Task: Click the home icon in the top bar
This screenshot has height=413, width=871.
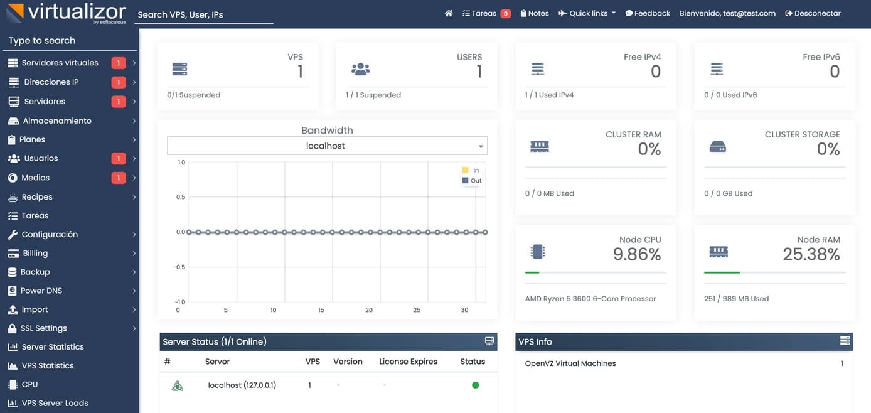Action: [449, 13]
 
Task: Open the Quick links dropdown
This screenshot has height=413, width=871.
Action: [587, 13]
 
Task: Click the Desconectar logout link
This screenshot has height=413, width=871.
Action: [813, 13]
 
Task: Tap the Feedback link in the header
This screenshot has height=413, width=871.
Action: [648, 13]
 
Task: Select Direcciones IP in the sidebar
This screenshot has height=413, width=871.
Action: [51, 82]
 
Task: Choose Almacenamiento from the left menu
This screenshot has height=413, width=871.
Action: [57, 121]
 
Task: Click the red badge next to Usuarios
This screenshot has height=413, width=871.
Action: [118, 158]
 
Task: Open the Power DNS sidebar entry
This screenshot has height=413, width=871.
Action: [41, 291]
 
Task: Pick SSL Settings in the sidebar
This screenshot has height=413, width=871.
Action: [44, 328]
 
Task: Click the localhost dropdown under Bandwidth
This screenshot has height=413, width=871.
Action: [327, 146]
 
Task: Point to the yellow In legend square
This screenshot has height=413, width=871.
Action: [465, 170]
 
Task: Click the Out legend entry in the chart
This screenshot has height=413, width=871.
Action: [472, 181]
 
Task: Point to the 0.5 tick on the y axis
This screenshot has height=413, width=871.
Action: [181, 197]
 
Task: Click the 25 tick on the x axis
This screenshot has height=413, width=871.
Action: [417, 310]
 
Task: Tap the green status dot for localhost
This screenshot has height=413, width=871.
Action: [475, 385]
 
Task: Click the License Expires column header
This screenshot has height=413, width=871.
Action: [408, 362]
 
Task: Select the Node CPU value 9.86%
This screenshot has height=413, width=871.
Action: [637, 254]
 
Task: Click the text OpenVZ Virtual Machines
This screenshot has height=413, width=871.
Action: [570, 363]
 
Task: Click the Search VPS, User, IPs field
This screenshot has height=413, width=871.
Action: [204, 14]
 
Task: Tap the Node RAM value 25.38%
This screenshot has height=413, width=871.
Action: [811, 254]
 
